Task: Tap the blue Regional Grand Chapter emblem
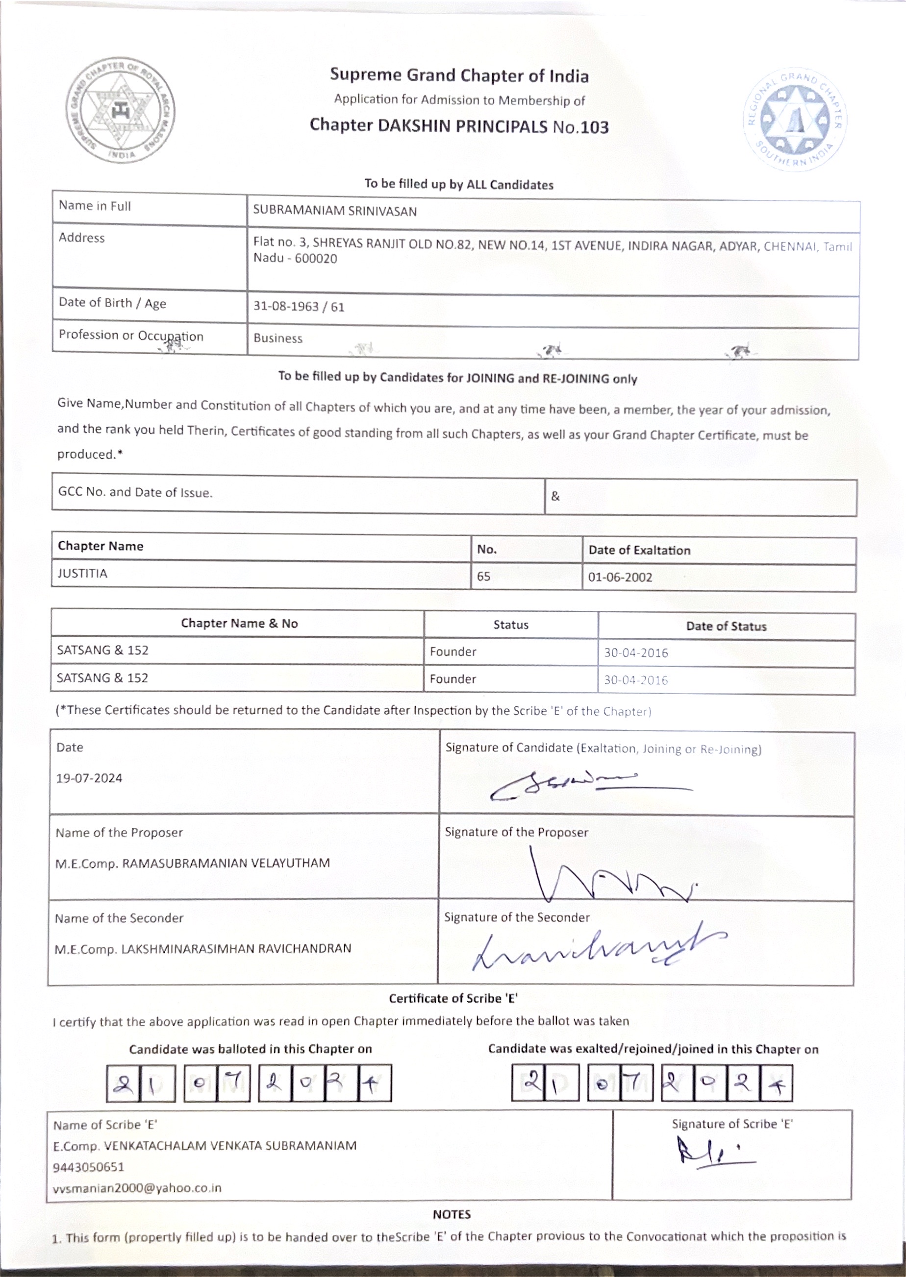click(794, 120)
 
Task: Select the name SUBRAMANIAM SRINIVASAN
click(335, 211)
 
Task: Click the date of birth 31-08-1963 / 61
click(299, 307)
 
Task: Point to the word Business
click(278, 338)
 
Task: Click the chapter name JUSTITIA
click(82, 574)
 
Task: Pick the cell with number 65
click(484, 577)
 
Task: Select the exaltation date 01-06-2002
click(620, 577)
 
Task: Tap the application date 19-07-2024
click(89, 778)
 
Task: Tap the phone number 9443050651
click(89, 1167)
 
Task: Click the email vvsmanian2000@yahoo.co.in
click(137, 1188)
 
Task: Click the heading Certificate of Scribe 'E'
click(453, 998)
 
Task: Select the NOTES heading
click(452, 1214)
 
